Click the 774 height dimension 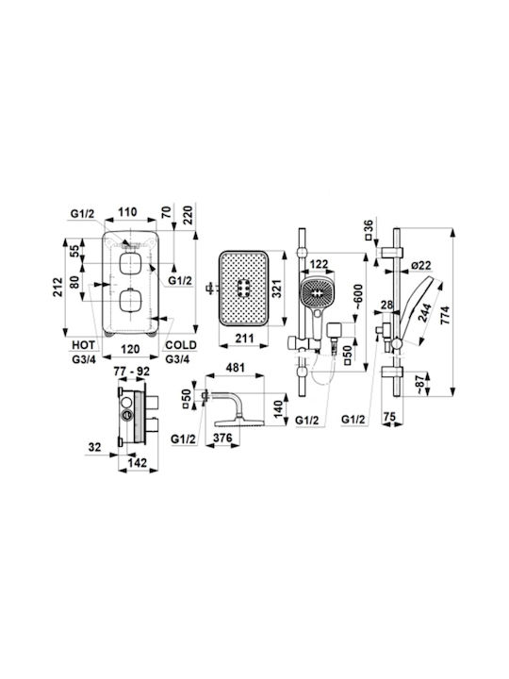point(445,315)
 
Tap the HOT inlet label point(84,345)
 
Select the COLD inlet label point(181,345)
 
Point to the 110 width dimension point(127,212)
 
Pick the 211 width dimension point(244,338)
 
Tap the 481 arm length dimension point(236,368)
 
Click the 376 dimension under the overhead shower point(222,438)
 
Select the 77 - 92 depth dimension point(132,372)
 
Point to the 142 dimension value point(138,462)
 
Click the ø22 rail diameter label point(421,265)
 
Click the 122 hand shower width point(320,264)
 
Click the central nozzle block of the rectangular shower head point(244,288)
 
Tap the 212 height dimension point(58,287)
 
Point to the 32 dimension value point(94,446)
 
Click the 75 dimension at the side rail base point(389,416)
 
